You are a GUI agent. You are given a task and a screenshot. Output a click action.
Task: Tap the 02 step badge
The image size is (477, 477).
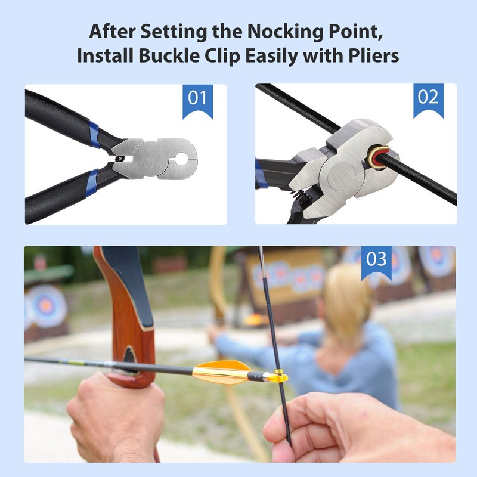pyautogui.click(x=428, y=98)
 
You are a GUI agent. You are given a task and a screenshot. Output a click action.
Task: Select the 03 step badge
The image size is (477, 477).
pyautogui.click(x=376, y=260)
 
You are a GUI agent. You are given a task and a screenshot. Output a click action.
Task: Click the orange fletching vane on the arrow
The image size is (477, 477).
pyautogui.click(x=221, y=372)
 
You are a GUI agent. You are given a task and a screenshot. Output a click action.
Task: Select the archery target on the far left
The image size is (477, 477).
pyautogui.click(x=46, y=305)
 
